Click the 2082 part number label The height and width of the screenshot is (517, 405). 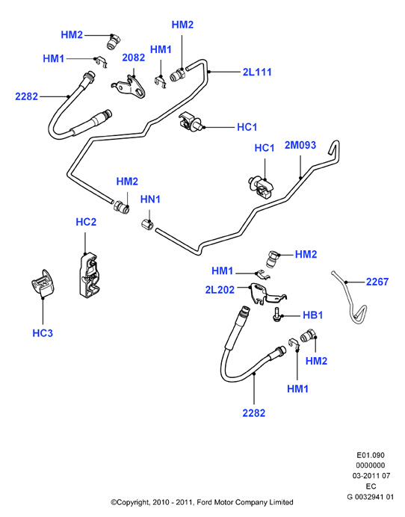tap(133, 58)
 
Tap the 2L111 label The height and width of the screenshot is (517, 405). tap(257, 72)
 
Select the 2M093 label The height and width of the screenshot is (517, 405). tap(300, 145)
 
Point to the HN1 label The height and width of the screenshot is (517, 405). tap(150, 199)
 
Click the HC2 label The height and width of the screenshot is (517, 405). tap(86, 222)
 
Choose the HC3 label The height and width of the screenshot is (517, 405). tap(43, 333)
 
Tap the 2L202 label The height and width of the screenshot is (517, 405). tap(220, 289)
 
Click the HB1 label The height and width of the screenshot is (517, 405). tap(312, 315)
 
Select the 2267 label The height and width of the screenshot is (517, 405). tap(377, 282)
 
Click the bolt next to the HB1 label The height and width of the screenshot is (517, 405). tap(276, 314)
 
